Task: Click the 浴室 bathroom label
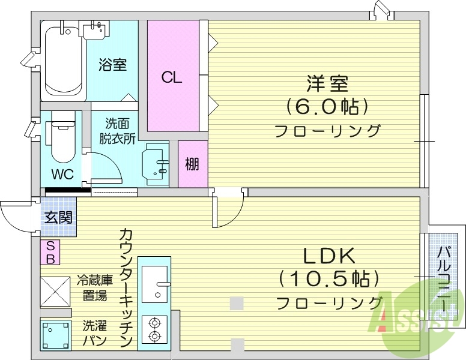(113, 64)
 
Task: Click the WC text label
(62, 175)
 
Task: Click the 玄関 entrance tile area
(59, 217)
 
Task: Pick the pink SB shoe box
(50, 252)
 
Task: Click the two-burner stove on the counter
(154, 330)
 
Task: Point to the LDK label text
(329, 256)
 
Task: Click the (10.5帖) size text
(329, 279)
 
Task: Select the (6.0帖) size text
(327, 106)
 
